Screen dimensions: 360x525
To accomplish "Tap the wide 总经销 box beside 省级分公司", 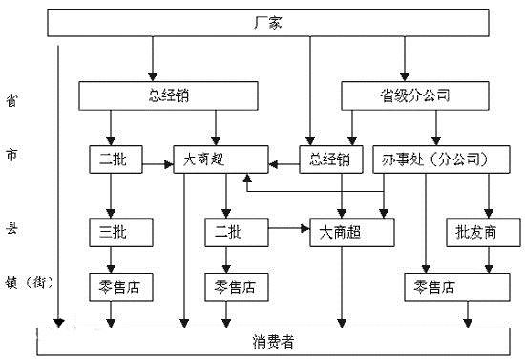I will [x=167, y=95].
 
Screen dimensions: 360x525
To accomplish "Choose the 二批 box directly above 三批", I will [x=113, y=159].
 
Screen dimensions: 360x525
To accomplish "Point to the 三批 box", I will [x=113, y=231].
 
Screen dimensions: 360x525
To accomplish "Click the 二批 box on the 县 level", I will [x=230, y=231].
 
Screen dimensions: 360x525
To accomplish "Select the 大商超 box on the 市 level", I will [x=218, y=159].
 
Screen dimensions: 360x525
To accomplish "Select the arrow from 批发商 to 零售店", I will [x=487, y=259].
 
